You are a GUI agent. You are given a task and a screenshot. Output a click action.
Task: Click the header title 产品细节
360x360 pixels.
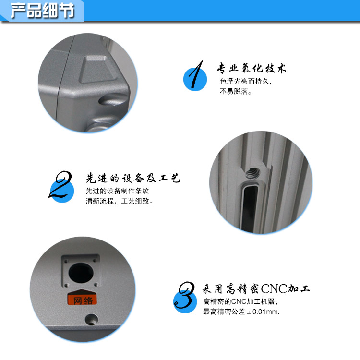[42, 10]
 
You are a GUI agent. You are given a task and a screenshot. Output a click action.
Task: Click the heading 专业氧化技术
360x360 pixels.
[252, 68]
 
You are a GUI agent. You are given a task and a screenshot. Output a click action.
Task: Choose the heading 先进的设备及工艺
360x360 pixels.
[132, 179]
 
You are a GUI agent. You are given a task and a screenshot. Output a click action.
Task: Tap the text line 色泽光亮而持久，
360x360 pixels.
[246, 82]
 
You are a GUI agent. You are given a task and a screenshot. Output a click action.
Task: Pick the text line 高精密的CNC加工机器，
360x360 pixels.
[240, 302]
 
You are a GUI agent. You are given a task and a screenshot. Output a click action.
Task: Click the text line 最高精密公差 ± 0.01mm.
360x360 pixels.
[241, 312]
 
